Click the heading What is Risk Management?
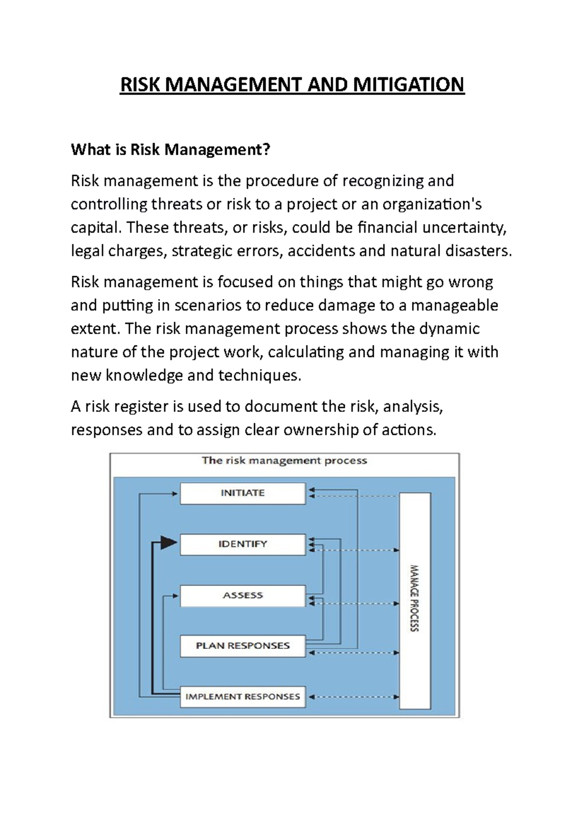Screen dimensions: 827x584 [170, 150]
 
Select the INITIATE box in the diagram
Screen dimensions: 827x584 [242, 493]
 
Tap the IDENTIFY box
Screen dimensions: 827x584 [242, 544]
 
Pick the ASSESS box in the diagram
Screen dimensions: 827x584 [242, 595]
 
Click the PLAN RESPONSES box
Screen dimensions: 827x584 [242, 646]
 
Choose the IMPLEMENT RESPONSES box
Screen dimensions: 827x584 [242, 696]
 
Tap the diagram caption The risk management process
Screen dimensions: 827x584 [284, 461]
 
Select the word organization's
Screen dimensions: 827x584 [432, 204]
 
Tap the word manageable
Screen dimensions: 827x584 [455, 305]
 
